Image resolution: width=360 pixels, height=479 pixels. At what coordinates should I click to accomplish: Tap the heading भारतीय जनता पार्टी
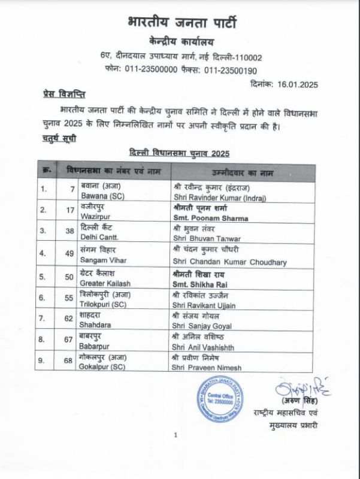pos(182,25)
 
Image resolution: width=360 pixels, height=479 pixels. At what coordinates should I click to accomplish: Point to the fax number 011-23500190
pos(231,69)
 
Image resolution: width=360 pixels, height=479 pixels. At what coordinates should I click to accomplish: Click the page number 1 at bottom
pos(176,435)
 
